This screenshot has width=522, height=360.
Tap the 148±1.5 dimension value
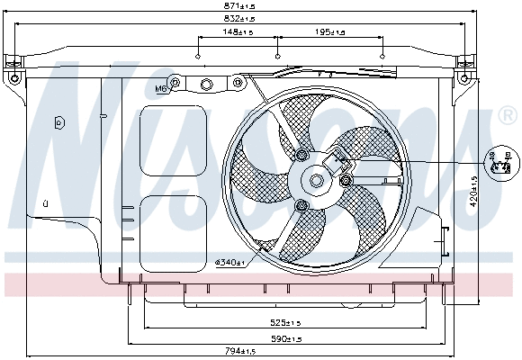(x=238, y=32)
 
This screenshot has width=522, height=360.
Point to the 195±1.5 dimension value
(x=330, y=32)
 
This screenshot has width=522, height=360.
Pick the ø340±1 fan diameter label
(x=230, y=262)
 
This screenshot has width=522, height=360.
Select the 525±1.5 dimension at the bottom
(x=290, y=321)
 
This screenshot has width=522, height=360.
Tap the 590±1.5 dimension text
(x=290, y=338)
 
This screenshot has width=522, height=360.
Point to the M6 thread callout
(x=162, y=89)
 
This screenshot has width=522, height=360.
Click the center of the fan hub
(x=317, y=181)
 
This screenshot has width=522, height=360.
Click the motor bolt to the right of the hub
(x=346, y=182)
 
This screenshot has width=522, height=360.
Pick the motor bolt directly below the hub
(x=302, y=208)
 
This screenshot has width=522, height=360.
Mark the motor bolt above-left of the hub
(x=300, y=157)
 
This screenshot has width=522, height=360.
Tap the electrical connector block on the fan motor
(x=341, y=162)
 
